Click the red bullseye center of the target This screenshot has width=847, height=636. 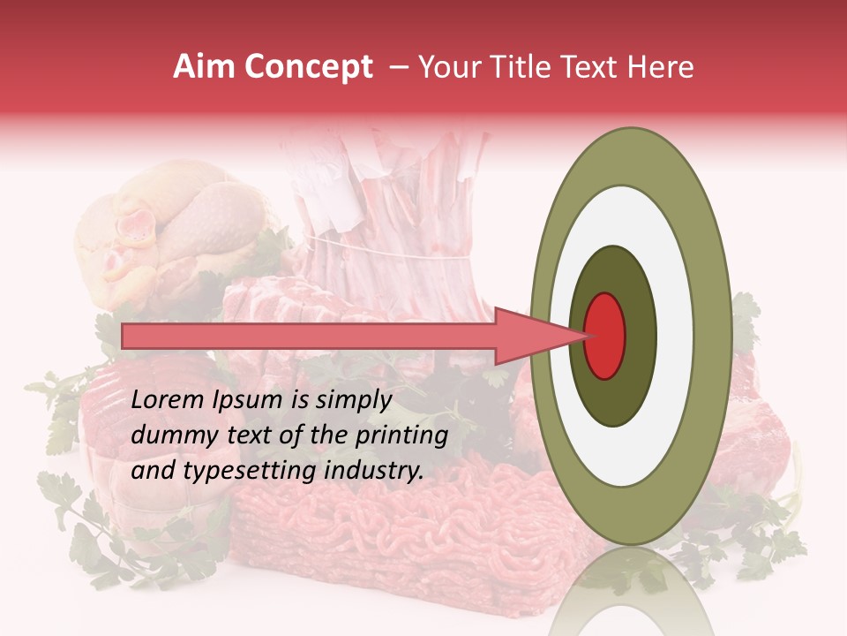point(604,336)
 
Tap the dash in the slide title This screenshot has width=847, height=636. point(398,67)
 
